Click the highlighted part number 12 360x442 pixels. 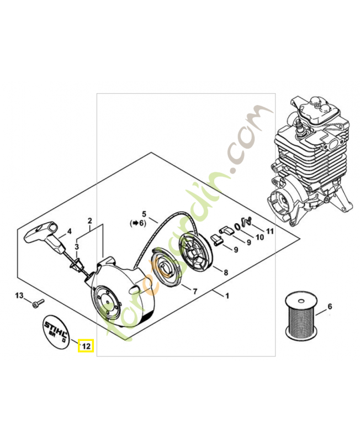pyautogui.click(x=86, y=346)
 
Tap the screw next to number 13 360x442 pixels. pyautogui.click(x=37, y=303)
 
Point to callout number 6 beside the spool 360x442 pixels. pyautogui.click(x=330, y=306)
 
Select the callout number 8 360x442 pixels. pyautogui.click(x=225, y=272)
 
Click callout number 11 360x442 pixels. pyautogui.click(x=269, y=231)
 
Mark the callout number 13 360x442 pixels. pyautogui.click(x=19, y=296)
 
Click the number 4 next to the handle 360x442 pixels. pyautogui.click(x=69, y=231)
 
